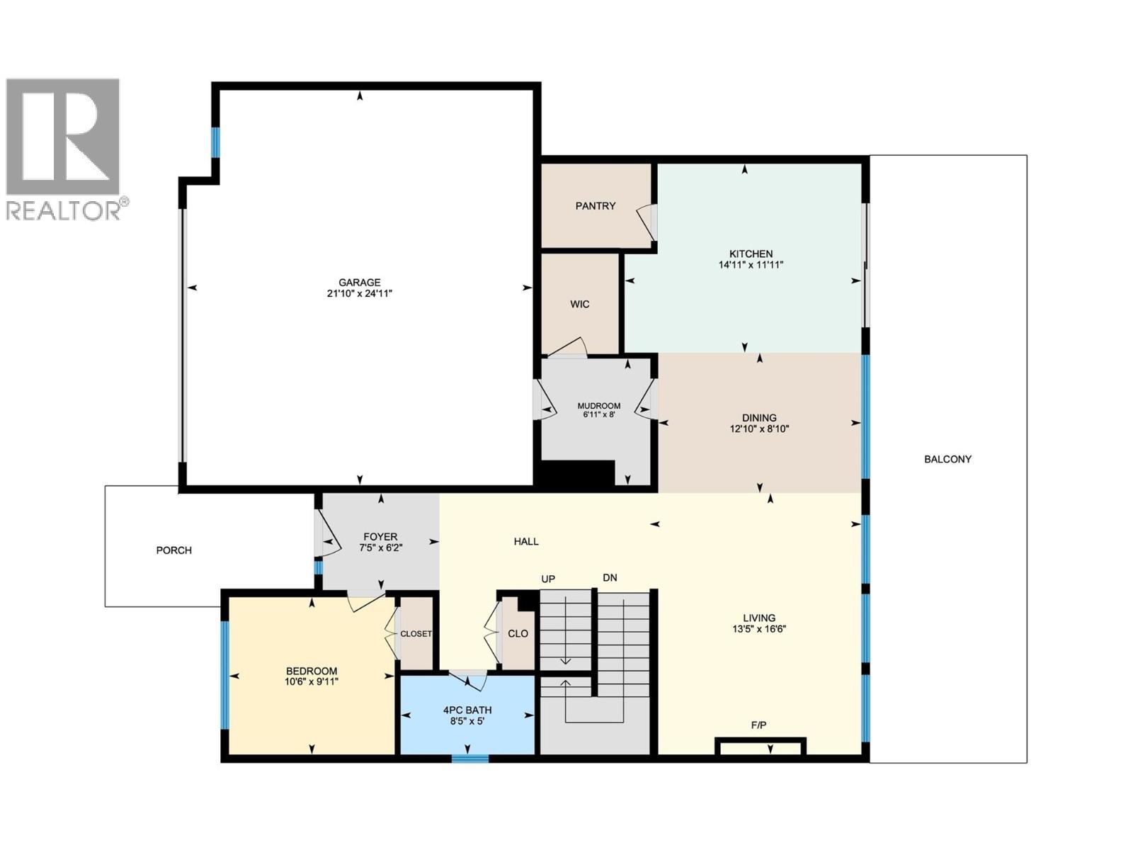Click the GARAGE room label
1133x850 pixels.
359,282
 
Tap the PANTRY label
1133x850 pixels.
595,205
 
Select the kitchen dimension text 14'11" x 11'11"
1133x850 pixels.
751,265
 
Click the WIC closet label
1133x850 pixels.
579,304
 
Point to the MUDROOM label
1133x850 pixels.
598,406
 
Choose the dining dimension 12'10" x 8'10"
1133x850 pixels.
759,429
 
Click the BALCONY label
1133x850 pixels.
947,459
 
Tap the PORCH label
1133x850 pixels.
173,550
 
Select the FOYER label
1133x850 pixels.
380,536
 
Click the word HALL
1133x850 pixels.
526,541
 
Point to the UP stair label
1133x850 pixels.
548,579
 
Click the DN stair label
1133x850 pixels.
610,577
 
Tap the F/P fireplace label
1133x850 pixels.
758,725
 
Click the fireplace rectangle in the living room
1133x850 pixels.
761,747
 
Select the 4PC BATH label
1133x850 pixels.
467,710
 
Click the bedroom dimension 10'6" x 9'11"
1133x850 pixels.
312,682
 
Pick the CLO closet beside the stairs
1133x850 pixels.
518,633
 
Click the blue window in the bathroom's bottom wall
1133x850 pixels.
470,759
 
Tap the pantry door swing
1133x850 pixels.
647,222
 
